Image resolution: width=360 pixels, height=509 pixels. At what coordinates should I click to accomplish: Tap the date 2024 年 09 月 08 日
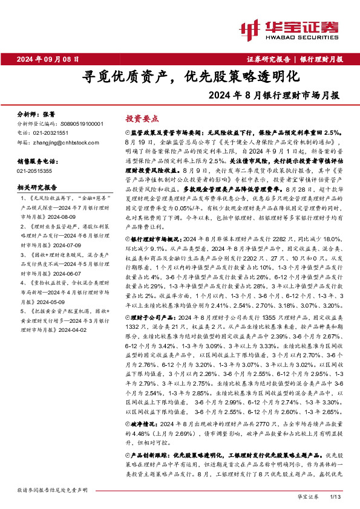coord(48,59)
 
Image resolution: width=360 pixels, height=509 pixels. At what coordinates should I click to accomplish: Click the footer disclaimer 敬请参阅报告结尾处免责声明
coord(53,488)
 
